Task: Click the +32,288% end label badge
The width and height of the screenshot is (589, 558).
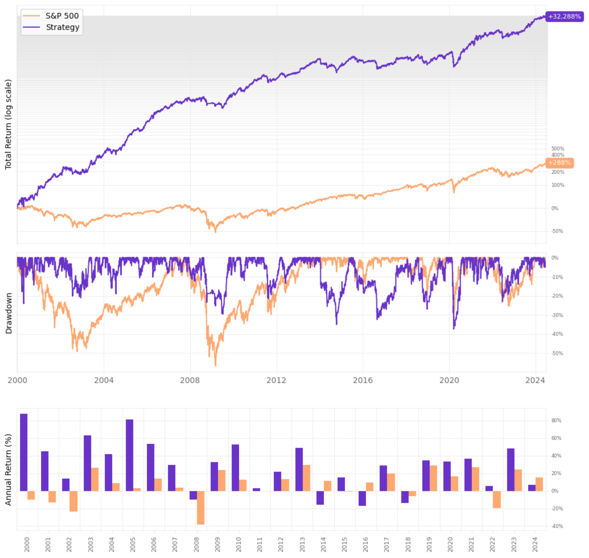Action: [x=564, y=17]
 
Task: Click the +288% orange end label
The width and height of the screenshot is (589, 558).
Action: [x=559, y=163]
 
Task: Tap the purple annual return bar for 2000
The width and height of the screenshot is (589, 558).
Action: [x=24, y=452]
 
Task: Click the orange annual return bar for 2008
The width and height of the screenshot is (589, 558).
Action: [x=200, y=507]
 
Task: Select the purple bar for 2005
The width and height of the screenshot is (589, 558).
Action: [x=130, y=455]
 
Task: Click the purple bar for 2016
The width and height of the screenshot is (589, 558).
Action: [x=362, y=498]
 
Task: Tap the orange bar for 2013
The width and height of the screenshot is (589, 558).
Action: [x=306, y=478]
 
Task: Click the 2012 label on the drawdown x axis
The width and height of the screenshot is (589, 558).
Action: [x=276, y=381]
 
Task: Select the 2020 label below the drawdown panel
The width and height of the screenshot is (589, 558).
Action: [x=449, y=381]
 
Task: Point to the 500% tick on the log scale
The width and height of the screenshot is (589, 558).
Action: [x=557, y=149]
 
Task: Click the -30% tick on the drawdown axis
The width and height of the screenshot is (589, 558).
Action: [x=557, y=315]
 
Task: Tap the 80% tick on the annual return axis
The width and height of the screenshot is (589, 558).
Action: [x=556, y=421]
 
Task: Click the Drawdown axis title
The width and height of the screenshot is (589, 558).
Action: [x=9, y=313]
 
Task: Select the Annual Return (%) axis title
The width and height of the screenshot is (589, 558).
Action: [x=8, y=470]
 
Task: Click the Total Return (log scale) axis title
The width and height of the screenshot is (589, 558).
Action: [x=8, y=124]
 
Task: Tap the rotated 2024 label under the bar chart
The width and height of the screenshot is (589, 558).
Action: [x=535, y=544]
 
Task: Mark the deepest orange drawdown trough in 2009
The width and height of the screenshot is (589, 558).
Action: [x=216, y=365]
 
